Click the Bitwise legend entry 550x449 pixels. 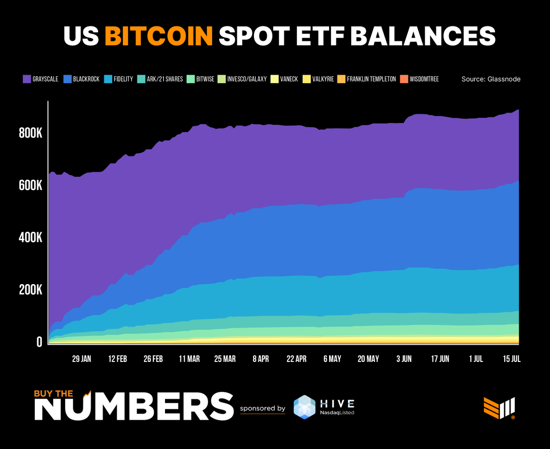[204, 79]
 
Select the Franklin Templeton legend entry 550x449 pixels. [366, 79]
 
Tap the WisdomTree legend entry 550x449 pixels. [420, 79]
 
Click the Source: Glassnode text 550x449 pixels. [491, 79]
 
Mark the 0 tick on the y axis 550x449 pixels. [39, 342]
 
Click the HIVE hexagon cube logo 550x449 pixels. [305, 407]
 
